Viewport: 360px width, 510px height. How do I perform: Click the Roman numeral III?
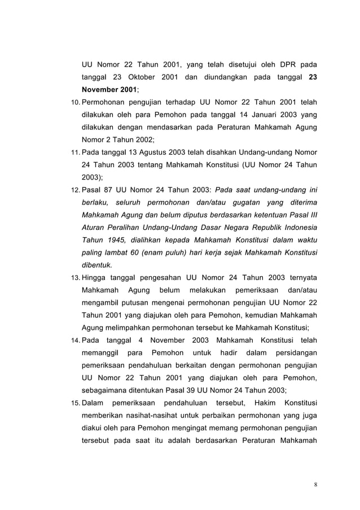tap(311, 215)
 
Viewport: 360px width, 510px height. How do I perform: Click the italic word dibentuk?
tap(96, 264)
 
